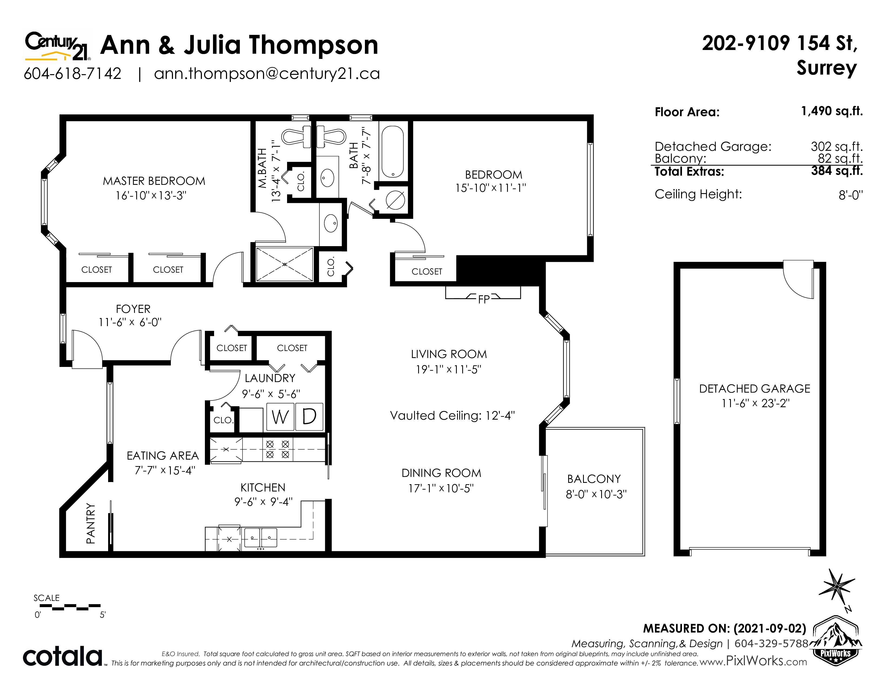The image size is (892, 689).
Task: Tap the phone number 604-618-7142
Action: [x=73, y=74]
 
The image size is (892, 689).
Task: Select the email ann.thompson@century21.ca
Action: [x=267, y=74]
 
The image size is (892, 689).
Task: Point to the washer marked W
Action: [x=280, y=417]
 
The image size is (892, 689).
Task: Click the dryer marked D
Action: [x=309, y=417]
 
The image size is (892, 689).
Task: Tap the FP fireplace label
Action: [x=484, y=299]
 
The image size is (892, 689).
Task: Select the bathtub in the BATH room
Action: [x=393, y=151]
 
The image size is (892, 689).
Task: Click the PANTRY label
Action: [x=91, y=523]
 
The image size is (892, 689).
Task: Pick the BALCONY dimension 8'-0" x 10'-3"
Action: [x=596, y=494]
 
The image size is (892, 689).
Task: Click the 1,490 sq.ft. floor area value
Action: [x=832, y=111]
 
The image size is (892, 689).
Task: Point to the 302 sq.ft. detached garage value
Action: [x=837, y=146]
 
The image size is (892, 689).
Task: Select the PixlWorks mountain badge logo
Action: [x=836, y=641]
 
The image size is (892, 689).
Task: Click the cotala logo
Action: [x=62, y=656]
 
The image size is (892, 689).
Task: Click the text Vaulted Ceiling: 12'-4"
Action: [x=452, y=416]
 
